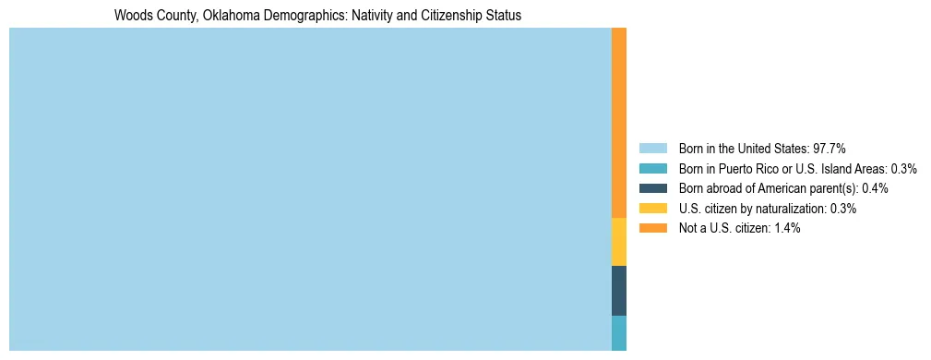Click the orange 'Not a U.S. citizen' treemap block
pyautogui.click(x=619, y=123)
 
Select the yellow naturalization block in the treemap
pyautogui.click(x=619, y=242)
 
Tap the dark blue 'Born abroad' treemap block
pyautogui.click(x=619, y=291)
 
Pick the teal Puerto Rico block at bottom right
pyautogui.click(x=619, y=333)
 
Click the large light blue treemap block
pyautogui.click(x=310, y=189)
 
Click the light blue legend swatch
pyautogui.click(x=652, y=149)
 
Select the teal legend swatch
pyautogui.click(x=652, y=169)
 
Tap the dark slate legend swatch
pyautogui.click(x=652, y=188)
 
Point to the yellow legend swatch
pyautogui.click(x=652, y=209)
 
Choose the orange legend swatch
pyautogui.click(x=652, y=228)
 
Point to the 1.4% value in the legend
pyautogui.click(x=785, y=228)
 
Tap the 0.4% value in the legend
pyautogui.click(x=875, y=188)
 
